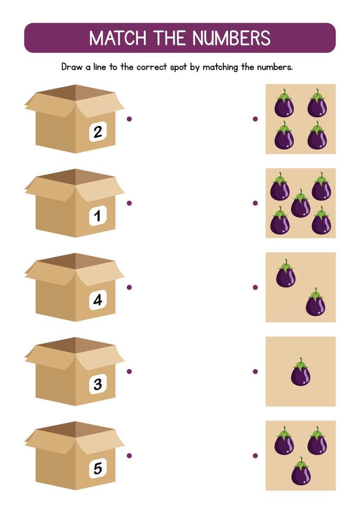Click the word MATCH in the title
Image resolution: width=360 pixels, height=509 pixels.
click(x=117, y=38)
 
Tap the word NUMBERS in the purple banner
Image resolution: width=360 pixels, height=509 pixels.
click(x=231, y=38)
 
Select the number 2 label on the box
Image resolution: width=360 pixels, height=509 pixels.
click(x=98, y=132)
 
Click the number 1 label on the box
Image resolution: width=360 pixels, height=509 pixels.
click(x=98, y=216)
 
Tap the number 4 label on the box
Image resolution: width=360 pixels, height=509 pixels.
click(x=98, y=300)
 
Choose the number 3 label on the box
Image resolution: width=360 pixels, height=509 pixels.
click(x=98, y=384)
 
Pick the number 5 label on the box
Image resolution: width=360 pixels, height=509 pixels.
click(x=98, y=468)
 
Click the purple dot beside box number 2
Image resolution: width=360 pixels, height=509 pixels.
click(x=129, y=119)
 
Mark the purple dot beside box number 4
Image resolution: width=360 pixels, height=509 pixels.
click(x=129, y=287)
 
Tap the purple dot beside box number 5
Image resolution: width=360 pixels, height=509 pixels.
click(x=129, y=456)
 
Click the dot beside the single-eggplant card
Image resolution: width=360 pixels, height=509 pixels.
click(x=255, y=371)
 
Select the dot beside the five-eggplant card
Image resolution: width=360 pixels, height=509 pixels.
click(x=255, y=203)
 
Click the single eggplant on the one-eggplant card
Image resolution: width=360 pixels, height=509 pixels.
click(x=301, y=372)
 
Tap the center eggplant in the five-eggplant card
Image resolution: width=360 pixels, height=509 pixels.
click(x=301, y=204)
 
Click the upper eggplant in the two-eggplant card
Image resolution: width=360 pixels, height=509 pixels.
click(x=286, y=274)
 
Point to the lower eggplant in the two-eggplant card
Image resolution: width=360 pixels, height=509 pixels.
click(x=315, y=302)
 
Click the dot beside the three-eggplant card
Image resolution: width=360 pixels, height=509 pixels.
click(x=255, y=456)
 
